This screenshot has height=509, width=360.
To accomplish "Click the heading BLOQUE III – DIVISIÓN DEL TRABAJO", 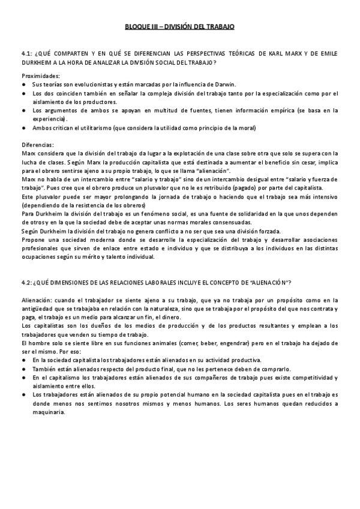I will (x=179, y=27).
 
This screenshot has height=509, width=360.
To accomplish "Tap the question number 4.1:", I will (x=27, y=53).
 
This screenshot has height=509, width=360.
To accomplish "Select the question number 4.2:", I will (x=27, y=282).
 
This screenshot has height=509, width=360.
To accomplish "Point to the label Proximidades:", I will (x=41, y=76).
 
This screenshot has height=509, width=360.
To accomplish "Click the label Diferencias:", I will (x=37, y=145).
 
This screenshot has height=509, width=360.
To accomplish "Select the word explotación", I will (x=168, y=154).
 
